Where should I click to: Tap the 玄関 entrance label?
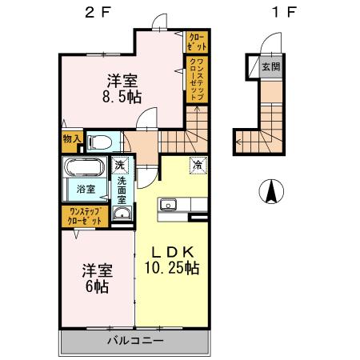(x=270, y=66)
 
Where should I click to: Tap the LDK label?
(x=172, y=249)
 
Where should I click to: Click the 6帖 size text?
(x=95, y=285)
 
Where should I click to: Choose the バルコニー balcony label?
(x=135, y=341)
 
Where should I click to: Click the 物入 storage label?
(x=71, y=140)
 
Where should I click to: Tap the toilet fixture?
(x=100, y=142)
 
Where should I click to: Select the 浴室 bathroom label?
(x=86, y=189)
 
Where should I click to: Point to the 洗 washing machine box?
(x=120, y=166)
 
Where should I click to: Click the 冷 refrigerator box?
(x=196, y=166)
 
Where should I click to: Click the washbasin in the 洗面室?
(x=121, y=214)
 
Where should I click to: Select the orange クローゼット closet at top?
(x=196, y=41)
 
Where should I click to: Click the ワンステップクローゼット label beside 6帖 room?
(x=86, y=215)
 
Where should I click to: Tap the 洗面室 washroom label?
(x=122, y=190)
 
